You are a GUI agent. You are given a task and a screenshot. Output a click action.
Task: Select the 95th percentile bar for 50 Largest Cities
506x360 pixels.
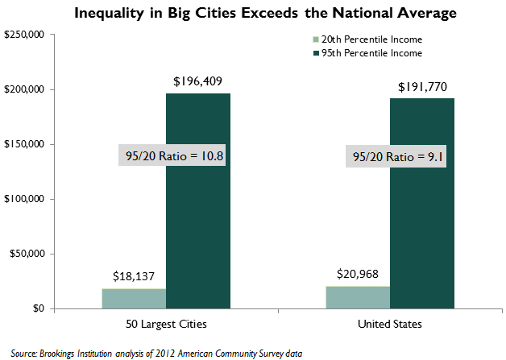197,242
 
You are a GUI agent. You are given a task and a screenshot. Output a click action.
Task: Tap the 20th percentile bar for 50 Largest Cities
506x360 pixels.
134,298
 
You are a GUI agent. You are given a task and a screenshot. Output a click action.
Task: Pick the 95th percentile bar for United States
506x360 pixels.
421,242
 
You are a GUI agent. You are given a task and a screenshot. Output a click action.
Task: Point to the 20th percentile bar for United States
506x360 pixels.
358,297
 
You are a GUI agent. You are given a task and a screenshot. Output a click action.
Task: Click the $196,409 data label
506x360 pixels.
197,81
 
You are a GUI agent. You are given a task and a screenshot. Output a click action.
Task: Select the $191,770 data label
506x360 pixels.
421,86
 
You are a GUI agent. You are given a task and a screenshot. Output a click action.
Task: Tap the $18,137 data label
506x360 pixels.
134,276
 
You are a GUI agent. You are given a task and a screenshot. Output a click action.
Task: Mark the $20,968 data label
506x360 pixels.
358,275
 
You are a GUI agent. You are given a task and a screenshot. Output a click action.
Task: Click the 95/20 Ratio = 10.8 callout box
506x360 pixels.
172,155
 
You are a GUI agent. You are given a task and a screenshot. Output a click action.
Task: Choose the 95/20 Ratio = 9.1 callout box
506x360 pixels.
398,158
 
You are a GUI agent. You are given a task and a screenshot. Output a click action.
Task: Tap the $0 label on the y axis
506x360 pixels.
39,308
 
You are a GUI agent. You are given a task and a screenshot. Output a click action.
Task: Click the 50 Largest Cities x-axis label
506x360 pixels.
166,324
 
